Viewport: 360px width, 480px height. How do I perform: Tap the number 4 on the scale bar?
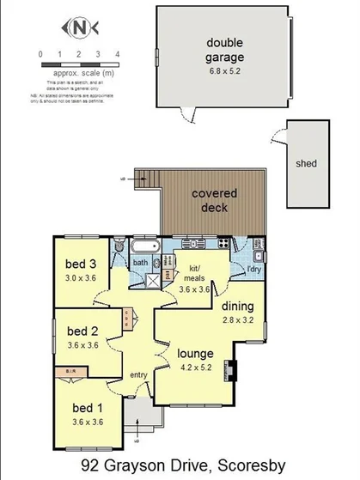[x=117, y=54]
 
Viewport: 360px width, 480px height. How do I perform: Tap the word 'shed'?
[x=305, y=161]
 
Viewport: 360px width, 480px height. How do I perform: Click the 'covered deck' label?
[x=214, y=201]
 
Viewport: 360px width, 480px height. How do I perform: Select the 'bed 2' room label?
[x=82, y=331]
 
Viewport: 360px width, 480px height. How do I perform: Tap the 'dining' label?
[x=238, y=307]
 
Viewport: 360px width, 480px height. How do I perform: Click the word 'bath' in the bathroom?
[x=140, y=263]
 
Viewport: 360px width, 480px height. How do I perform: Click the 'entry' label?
[x=137, y=375]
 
